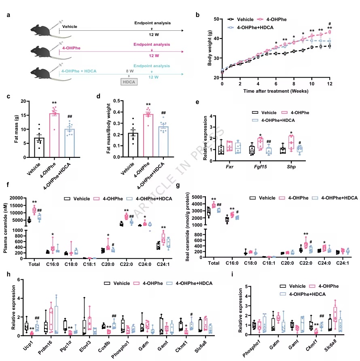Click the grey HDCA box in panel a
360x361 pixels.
(129, 82)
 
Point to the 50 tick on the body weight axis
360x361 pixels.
(216, 19)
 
